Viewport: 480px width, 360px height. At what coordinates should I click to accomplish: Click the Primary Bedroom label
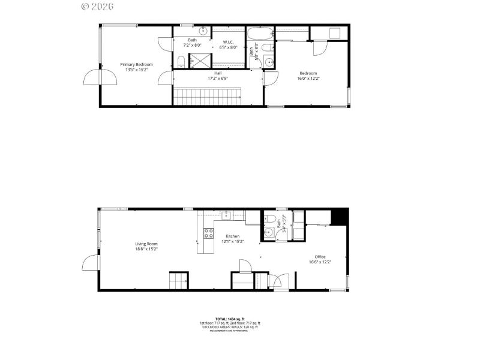(x=136, y=64)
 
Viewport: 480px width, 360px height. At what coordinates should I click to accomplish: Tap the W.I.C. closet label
(x=228, y=42)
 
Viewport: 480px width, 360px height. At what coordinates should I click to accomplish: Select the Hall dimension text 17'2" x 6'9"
(x=218, y=78)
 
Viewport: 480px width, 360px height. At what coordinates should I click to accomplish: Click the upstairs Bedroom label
(x=308, y=73)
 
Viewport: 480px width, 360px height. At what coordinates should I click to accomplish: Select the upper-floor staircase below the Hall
(x=206, y=97)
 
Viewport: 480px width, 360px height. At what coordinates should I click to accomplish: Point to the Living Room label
(x=146, y=244)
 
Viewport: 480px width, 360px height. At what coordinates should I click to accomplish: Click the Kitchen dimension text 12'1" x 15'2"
(x=233, y=242)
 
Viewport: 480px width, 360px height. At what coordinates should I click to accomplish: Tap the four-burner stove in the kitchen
(x=209, y=233)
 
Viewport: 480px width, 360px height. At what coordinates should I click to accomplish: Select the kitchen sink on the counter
(x=227, y=215)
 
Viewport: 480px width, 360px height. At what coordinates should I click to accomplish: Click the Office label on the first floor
(x=320, y=256)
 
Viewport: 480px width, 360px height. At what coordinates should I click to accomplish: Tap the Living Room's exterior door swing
(x=90, y=263)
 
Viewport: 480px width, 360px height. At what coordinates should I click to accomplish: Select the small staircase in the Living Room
(x=178, y=281)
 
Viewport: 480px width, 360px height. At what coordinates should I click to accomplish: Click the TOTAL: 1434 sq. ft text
(x=230, y=319)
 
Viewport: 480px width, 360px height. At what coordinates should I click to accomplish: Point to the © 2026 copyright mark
(x=97, y=7)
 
